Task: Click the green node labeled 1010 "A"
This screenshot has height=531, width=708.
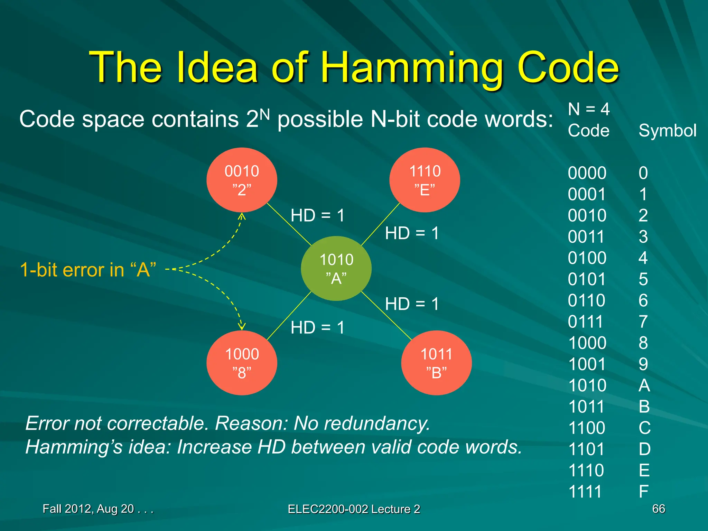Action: point(336,269)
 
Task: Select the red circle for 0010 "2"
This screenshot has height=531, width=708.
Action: point(242,180)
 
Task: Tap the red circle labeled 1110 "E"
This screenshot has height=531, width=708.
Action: point(425,180)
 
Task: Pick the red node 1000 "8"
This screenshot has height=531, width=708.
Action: point(242,363)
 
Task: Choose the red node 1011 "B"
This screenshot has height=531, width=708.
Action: point(436,363)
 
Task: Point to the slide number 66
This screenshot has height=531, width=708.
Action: point(658,509)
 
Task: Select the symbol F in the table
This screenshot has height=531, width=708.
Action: point(643,492)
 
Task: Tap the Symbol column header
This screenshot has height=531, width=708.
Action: point(667,131)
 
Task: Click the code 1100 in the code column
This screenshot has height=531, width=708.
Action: point(587,428)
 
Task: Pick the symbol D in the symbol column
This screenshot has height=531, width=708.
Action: point(644,449)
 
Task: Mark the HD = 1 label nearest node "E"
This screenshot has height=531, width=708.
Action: point(412,233)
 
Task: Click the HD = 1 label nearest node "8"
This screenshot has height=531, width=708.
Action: point(317,327)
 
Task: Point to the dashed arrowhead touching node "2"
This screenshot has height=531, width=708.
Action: point(242,216)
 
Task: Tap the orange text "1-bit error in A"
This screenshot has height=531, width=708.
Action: point(88,270)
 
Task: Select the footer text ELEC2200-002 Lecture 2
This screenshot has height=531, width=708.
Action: point(354,509)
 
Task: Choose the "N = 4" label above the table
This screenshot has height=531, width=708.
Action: point(588,109)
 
